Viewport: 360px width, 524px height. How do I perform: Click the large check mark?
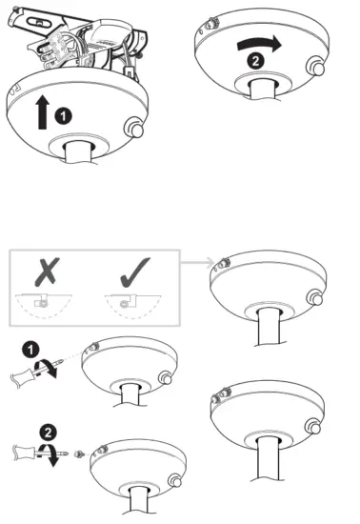[x=129, y=272]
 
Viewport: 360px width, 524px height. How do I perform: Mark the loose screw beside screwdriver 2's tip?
[x=80, y=451]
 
